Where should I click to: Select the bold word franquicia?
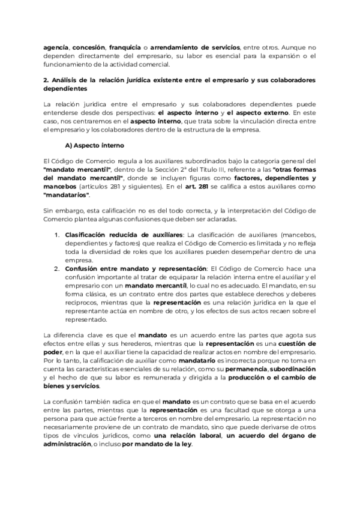126,47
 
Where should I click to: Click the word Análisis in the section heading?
68,80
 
